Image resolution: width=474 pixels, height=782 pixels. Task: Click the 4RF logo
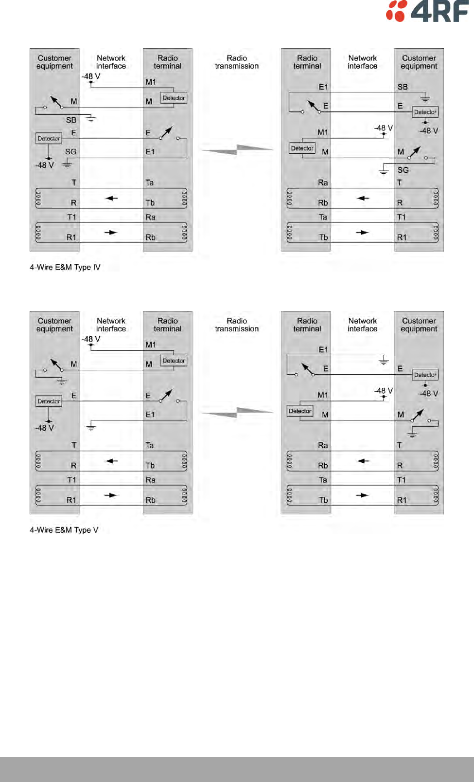pos(427,11)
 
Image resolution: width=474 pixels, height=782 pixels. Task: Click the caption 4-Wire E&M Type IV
pos(65,267)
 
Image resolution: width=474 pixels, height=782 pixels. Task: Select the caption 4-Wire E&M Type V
pos(64,530)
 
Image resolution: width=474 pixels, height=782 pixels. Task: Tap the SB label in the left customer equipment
pos(71,120)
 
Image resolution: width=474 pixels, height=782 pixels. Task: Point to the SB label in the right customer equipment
pos(403,87)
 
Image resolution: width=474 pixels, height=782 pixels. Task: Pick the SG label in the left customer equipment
pos(70,152)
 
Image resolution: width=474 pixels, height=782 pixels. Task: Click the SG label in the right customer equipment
pos(403,170)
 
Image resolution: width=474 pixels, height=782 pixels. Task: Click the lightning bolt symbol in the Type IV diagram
pos(237,149)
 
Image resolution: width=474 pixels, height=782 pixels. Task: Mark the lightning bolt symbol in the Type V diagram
pos(237,413)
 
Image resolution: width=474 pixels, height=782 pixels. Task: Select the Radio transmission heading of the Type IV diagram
pos(237,62)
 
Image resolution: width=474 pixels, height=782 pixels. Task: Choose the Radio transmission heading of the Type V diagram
pos(237,325)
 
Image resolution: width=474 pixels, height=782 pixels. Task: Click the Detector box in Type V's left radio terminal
pos(174,361)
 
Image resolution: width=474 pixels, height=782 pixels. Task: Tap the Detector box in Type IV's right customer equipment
pos(425,112)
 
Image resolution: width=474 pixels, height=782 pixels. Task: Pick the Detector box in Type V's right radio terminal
pos(300,411)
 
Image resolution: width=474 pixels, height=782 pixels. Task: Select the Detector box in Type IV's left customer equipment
pos(49,139)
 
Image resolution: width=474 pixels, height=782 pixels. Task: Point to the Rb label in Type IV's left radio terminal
pos(151,237)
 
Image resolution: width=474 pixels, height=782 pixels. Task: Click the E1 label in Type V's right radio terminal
pos(323,350)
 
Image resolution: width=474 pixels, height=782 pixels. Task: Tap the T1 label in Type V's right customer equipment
pos(402,480)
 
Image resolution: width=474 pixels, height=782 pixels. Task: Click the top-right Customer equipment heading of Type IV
pos(419,62)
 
